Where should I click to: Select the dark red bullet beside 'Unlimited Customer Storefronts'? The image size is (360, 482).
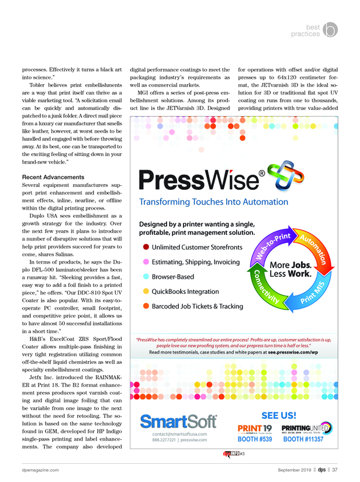point(146,248)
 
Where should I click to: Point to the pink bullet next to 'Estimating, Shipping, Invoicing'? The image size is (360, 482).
point(146,262)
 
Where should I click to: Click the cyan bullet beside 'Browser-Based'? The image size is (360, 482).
point(146,276)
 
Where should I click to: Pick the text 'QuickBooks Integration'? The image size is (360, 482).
point(189,291)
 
